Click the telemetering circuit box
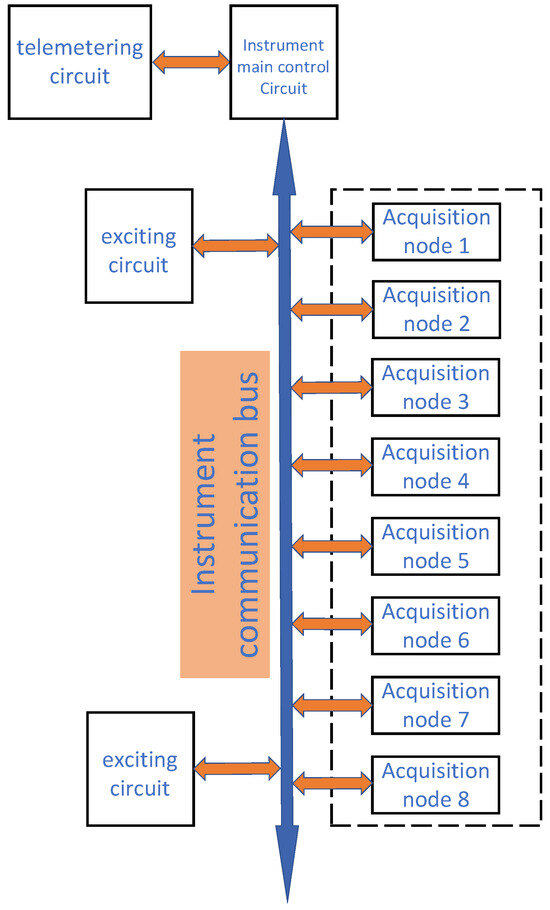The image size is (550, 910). tap(79, 61)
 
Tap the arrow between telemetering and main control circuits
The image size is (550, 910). tap(191, 62)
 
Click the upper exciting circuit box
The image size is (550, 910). tap(139, 246)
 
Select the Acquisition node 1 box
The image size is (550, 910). tap(436, 231)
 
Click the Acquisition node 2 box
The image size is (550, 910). tap(436, 310)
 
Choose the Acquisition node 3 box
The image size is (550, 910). tap(436, 388)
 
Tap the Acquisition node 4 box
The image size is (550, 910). tap(436, 467)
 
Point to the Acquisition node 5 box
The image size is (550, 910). tap(436, 546)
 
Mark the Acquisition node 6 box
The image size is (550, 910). tap(436, 625)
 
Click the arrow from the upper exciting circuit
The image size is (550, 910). tap(236, 244)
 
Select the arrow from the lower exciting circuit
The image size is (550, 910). tap(236, 768)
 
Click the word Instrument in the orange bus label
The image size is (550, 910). tap(207, 515)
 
